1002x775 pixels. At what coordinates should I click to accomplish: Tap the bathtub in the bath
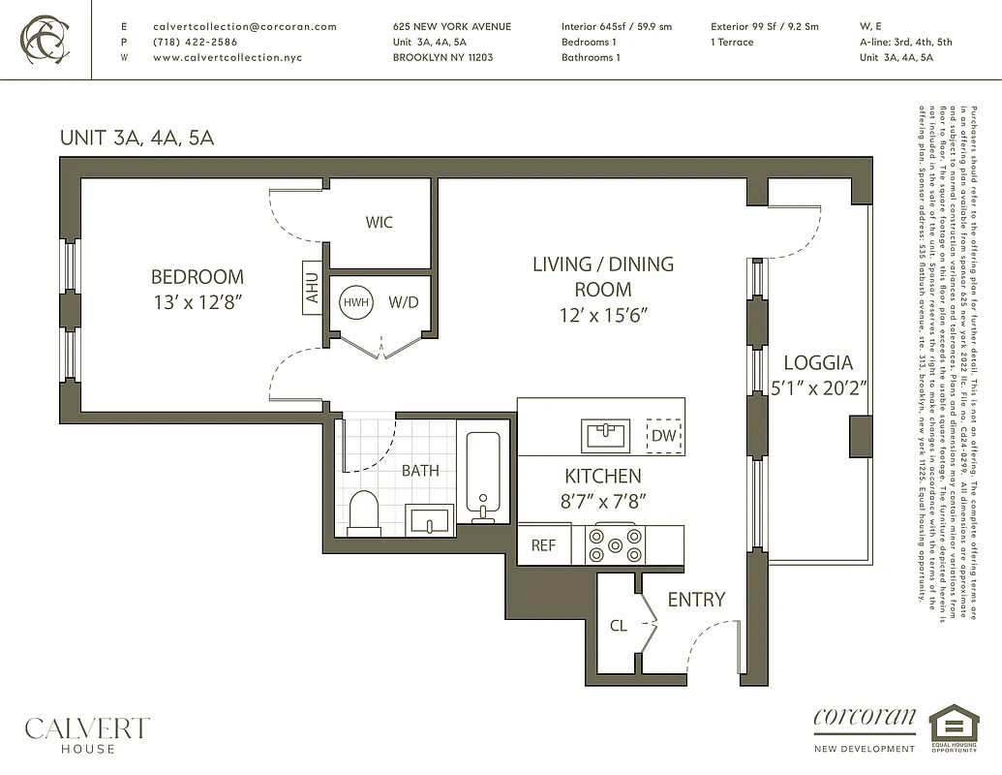click(482, 475)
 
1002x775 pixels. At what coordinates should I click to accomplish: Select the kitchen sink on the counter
click(605, 435)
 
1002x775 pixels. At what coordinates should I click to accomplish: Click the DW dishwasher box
click(663, 436)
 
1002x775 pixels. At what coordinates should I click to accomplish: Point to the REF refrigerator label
click(543, 546)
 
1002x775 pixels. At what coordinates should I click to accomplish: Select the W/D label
click(403, 302)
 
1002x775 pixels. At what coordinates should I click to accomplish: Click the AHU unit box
click(313, 288)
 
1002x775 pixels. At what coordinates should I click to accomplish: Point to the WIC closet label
click(379, 223)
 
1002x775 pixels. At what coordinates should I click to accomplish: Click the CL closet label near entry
click(619, 626)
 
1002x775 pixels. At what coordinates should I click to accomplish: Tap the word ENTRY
click(695, 600)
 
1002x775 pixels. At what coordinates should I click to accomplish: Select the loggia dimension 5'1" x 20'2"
click(818, 387)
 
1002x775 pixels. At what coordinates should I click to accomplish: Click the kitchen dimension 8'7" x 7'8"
click(602, 501)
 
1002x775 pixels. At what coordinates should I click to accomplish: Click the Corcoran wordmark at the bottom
click(865, 719)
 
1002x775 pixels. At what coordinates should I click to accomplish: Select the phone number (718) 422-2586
click(195, 43)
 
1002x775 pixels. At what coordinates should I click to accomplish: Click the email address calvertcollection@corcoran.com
click(245, 27)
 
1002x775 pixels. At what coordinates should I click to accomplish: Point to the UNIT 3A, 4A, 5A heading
click(137, 138)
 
